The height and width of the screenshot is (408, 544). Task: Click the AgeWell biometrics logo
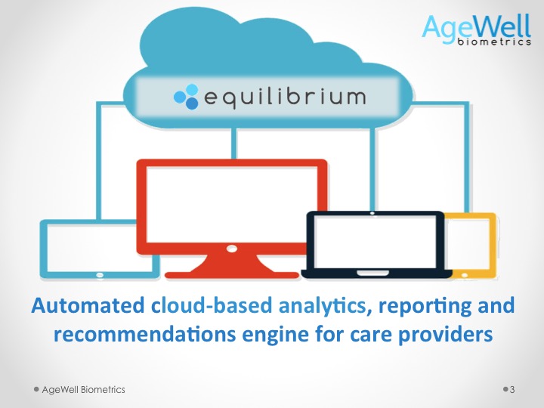point(476,29)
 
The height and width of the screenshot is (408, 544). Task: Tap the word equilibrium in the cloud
point(285,97)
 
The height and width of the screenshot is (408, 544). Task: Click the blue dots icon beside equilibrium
point(186,97)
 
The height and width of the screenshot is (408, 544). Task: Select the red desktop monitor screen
point(232,204)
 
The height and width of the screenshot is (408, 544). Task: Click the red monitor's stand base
point(232,275)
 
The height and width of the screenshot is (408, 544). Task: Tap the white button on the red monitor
point(231,249)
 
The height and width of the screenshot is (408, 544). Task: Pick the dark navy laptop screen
point(375,242)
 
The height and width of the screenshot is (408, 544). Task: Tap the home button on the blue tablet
point(100,275)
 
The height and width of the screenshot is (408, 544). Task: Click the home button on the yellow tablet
point(465,275)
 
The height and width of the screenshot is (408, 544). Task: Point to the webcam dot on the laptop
point(372,213)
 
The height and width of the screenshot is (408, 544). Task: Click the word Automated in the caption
point(88,306)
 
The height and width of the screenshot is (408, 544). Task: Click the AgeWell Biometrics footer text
point(83,390)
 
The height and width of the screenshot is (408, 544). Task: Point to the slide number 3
point(512,390)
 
